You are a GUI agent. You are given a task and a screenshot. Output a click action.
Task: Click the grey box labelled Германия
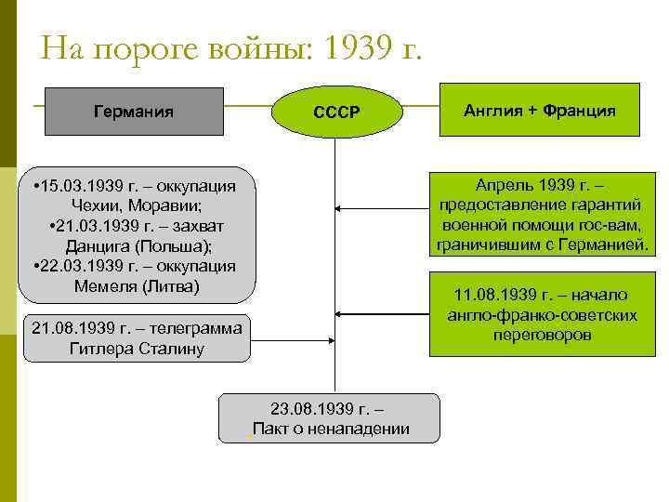pyautogui.click(x=134, y=112)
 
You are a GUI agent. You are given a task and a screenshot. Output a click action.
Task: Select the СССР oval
pyautogui.click(x=335, y=112)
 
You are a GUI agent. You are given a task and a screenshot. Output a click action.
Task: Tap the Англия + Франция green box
pyautogui.click(x=539, y=110)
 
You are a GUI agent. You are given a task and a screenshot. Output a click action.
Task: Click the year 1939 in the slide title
pyautogui.click(x=354, y=46)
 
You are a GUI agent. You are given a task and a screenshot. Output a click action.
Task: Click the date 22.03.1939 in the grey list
pyautogui.click(x=79, y=266)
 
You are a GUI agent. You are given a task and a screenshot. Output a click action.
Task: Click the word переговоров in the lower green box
pyautogui.click(x=544, y=335)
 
